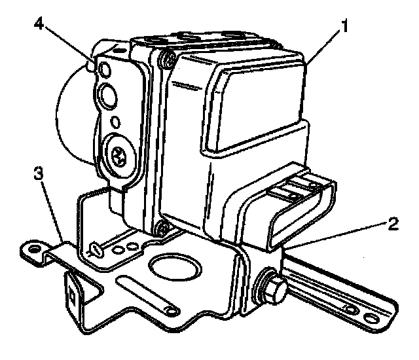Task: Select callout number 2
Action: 391,225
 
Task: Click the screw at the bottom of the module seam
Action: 160,228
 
